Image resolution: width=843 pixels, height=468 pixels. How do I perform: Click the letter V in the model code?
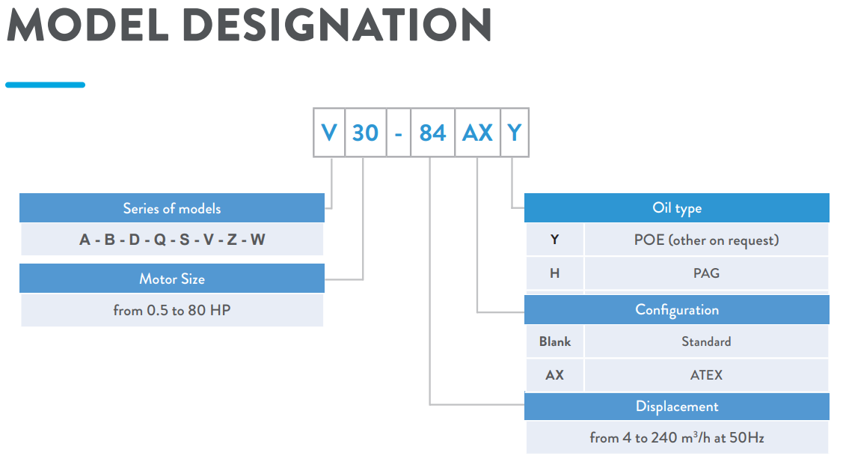(x=329, y=133)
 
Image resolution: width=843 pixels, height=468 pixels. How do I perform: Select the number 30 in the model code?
(x=365, y=133)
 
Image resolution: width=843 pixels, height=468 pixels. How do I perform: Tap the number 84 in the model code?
(x=432, y=133)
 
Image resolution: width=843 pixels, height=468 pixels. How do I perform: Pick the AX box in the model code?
(x=477, y=133)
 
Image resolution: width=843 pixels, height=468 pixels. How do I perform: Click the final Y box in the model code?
(x=515, y=133)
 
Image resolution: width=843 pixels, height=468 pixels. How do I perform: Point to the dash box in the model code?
(x=399, y=133)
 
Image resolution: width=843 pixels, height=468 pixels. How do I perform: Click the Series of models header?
(x=172, y=208)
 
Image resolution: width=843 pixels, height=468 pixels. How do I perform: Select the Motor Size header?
(x=172, y=279)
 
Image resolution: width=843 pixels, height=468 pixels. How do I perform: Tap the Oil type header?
(x=677, y=208)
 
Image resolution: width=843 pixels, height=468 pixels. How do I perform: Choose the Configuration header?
(x=677, y=309)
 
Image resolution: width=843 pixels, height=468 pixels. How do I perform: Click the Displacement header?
(x=677, y=407)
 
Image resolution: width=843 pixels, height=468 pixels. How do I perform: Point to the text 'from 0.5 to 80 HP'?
(x=172, y=310)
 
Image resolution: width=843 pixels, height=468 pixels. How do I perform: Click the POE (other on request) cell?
(x=706, y=240)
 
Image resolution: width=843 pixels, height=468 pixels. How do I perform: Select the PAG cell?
(x=706, y=273)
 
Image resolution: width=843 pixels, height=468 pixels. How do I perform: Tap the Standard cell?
(x=706, y=341)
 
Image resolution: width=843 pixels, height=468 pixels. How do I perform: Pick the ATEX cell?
(x=706, y=375)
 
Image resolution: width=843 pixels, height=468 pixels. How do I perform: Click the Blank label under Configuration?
(x=555, y=341)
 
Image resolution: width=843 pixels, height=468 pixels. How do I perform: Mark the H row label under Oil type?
(x=555, y=273)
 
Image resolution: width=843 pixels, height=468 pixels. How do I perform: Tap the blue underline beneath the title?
(x=45, y=85)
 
